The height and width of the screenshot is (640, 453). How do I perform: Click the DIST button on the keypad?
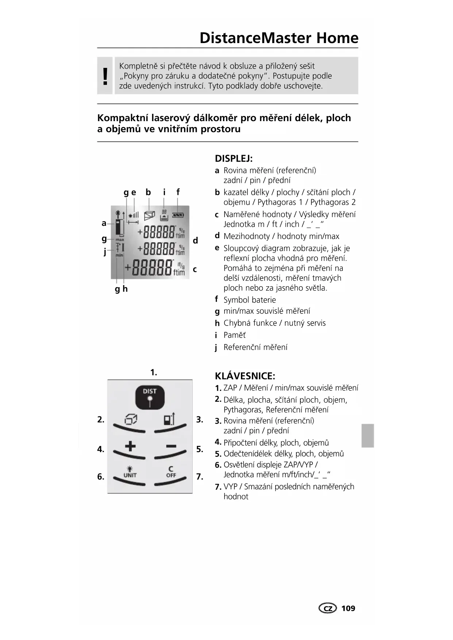[x=150, y=397]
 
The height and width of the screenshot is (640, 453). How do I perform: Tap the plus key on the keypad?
[x=130, y=446]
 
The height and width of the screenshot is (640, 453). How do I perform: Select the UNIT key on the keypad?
[x=130, y=473]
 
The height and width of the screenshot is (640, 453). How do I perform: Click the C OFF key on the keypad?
[x=171, y=472]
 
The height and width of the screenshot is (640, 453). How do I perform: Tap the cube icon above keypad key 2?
[x=130, y=420]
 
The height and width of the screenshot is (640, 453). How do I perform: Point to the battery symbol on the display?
[x=178, y=215]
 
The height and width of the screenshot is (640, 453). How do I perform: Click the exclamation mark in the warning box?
[x=105, y=76]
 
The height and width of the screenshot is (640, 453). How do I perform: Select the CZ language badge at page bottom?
[x=327, y=608]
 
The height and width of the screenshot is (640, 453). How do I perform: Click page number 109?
[x=348, y=608]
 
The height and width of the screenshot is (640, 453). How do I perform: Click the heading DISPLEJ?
[x=234, y=159]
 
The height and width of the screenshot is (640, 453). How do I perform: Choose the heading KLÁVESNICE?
[x=245, y=376]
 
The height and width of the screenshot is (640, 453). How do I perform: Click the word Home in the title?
[x=337, y=38]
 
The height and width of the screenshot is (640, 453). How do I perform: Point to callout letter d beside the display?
[x=195, y=240]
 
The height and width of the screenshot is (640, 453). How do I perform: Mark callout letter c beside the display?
[x=195, y=269]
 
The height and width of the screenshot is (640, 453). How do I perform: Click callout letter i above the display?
[x=164, y=192]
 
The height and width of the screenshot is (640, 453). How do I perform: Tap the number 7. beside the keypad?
[x=200, y=477]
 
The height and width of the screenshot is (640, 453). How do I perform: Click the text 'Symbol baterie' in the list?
[x=250, y=300]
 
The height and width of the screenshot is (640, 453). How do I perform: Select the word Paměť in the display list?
[x=234, y=335]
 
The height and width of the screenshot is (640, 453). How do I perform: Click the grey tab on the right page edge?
[x=368, y=435]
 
